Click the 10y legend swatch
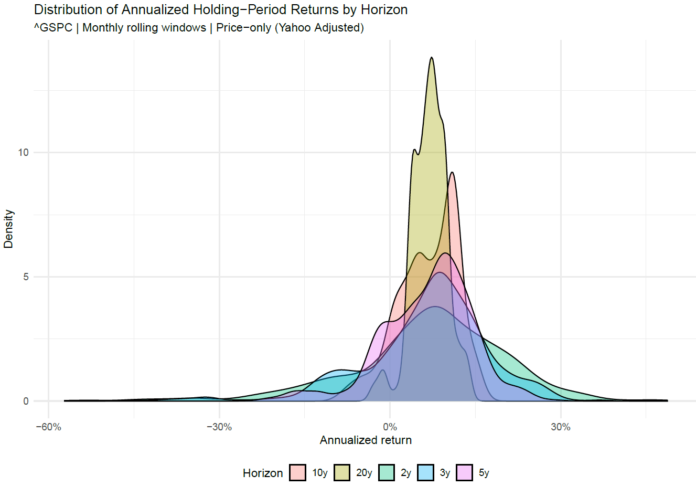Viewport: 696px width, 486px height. (x=298, y=473)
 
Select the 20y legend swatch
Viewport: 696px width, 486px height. (x=342, y=473)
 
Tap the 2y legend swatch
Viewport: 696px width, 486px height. (x=386, y=473)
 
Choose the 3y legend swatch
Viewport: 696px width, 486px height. (x=425, y=473)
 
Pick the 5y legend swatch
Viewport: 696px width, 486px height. (x=465, y=473)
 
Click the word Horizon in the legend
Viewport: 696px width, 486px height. (x=262, y=473)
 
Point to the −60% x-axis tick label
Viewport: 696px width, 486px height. (x=48, y=427)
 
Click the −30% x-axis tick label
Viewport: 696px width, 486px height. (x=219, y=427)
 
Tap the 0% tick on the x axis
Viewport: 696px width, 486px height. (x=390, y=427)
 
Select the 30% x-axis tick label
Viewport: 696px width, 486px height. (x=560, y=427)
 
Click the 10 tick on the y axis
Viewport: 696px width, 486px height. (x=23, y=153)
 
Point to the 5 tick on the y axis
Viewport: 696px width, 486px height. (x=26, y=277)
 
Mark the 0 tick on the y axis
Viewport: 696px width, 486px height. (x=26, y=401)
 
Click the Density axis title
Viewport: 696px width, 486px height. (x=9, y=229)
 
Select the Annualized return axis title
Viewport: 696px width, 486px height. (x=366, y=440)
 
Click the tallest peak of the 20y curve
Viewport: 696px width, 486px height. (x=431, y=58)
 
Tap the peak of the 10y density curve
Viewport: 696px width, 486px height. (x=452, y=173)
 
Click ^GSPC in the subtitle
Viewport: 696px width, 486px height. (x=53, y=28)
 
